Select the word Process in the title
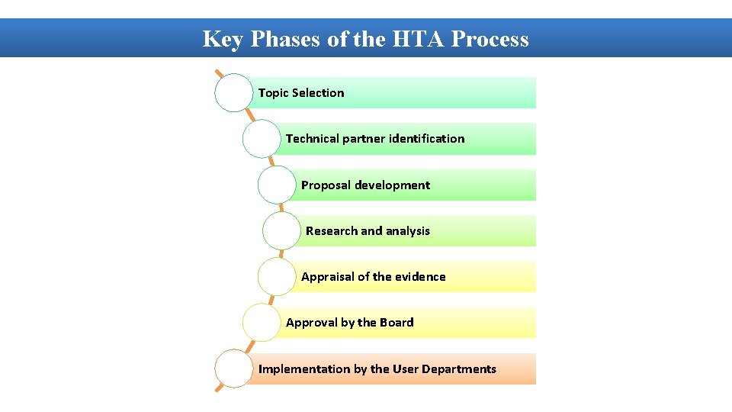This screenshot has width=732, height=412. pyautogui.click(x=490, y=39)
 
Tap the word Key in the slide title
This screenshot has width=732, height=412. pyautogui.click(x=222, y=39)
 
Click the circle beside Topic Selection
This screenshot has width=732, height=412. pyautogui.click(x=233, y=93)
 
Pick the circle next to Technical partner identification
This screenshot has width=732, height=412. pyautogui.click(x=262, y=139)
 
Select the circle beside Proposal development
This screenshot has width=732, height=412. pyautogui.click(x=277, y=185)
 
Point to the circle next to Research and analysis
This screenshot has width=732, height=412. pyautogui.click(x=281, y=231)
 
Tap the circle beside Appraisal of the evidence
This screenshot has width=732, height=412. pyautogui.click(x=277, y=277)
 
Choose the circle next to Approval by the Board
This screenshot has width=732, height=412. pyautogui.click(x=262, y=323)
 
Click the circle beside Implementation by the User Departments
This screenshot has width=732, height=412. pyautogui.click(x=233, y=369)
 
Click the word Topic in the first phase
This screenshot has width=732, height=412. pyautogui.click(x=273, y=93)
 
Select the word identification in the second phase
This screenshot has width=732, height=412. pyautogui.click(x=426, y=139)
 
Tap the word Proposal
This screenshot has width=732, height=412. pyautogui.click(x=326, y=185)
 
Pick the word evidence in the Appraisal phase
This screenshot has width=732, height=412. pyautogui.click(x=420, y=277)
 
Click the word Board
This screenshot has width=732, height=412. pyautogui.click(x=396, y=323)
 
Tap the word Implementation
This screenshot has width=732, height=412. pyautogui.click(x=304, y=369)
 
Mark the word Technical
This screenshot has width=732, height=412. pyautogui.click(x=313, y=139)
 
